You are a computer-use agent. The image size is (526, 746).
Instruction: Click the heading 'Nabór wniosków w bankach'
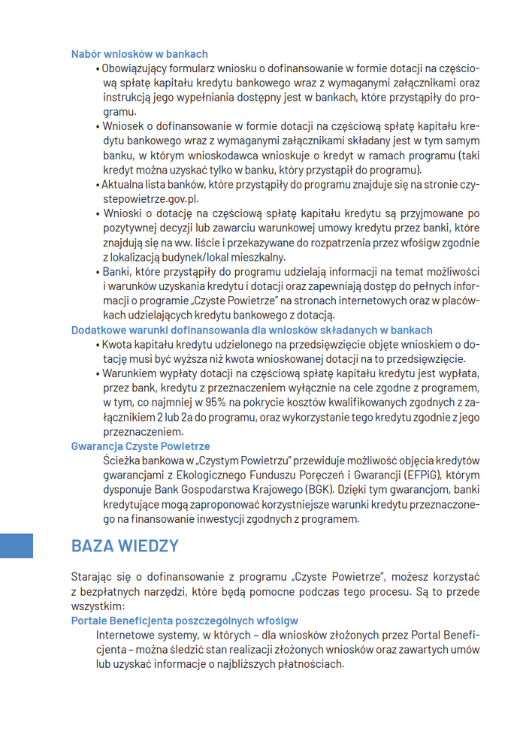click(139, 54)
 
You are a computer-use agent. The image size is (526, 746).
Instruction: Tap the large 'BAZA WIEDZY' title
click(125, 545)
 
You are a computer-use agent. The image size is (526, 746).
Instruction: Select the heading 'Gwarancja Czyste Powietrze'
click(141, 446)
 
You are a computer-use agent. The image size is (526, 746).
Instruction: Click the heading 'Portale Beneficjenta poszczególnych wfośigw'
click(184, 621)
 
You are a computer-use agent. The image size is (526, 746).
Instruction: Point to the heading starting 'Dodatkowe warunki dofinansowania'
click(252, 330)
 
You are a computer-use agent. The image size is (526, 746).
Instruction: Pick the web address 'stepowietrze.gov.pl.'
click(151, 199)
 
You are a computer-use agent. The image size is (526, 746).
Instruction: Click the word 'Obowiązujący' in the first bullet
click(132, 69)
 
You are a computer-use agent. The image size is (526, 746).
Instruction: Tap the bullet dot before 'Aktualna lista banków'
click(98, 185)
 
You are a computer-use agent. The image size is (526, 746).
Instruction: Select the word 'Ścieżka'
click(121, 461)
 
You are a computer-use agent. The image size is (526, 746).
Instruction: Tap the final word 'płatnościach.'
click(312, 664)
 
